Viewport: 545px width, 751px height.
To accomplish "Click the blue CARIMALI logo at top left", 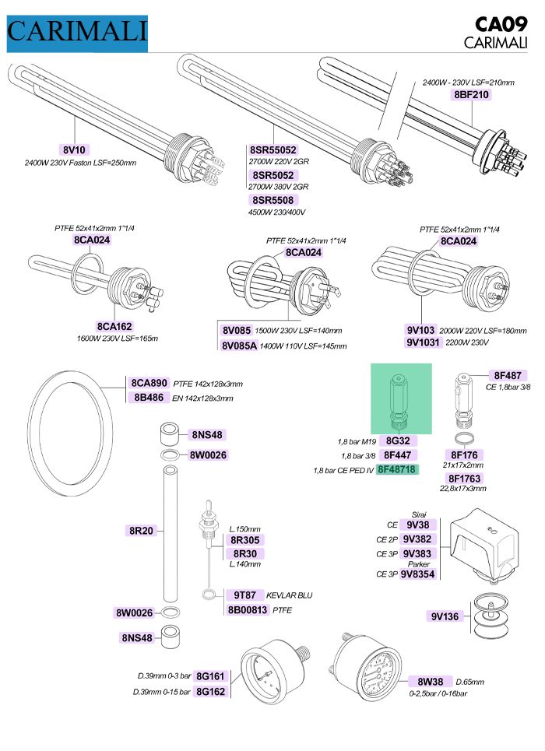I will (76, 32).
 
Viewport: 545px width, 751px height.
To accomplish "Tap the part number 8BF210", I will (472, 95).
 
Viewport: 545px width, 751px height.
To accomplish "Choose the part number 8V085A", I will (239, 345).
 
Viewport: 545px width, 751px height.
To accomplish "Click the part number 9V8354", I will (419, 574).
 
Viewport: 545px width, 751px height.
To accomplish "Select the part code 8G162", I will (210, 690).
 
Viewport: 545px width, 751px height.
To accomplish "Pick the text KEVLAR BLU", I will (289, 595).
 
